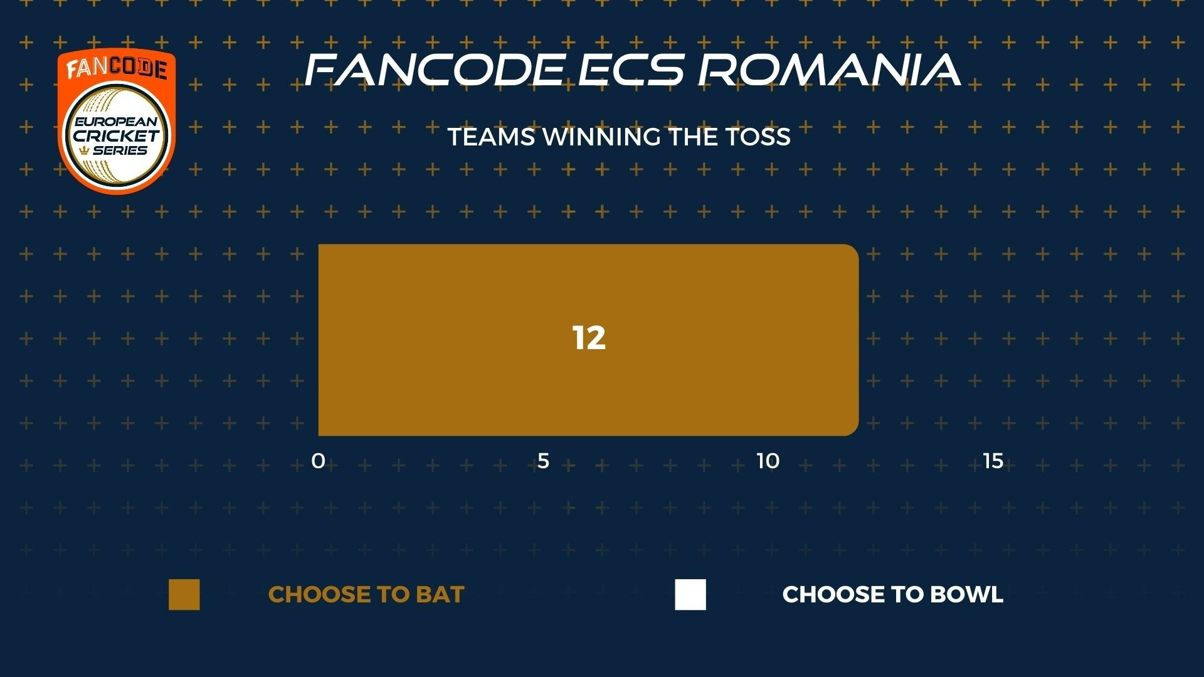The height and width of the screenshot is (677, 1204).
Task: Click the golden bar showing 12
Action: (x=588, y=340)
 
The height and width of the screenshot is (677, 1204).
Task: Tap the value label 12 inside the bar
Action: (x=589, y=338)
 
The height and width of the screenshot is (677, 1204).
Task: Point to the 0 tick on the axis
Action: (x=318, y=461)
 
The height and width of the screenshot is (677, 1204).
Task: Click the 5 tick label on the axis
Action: (x=543, y=461)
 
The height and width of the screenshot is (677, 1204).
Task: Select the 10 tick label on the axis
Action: (x=768, y=461)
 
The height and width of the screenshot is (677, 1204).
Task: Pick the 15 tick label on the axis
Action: (x=993, y=461)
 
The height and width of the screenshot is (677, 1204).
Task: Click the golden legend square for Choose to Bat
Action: (x=184, y=594)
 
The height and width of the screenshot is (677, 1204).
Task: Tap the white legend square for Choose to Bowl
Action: (x=690, y=594)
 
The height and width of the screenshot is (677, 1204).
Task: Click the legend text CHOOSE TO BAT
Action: (x=366, y=594)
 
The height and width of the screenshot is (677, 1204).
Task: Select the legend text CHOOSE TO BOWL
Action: (x=893, y=594)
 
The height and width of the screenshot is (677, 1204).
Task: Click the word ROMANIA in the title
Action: (x=829, y=69)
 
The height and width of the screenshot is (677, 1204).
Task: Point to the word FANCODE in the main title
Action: (x=434, y=69)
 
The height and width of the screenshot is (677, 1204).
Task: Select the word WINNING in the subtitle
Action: (x=601, y=137)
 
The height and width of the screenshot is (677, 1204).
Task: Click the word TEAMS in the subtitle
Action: (x=492, y=137)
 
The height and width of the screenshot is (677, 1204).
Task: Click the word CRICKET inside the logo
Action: (x=117, y=135)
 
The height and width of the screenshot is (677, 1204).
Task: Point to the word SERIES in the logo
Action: (x=120, y=150)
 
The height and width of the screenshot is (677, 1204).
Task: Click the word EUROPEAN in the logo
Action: (x=117, y=122)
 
